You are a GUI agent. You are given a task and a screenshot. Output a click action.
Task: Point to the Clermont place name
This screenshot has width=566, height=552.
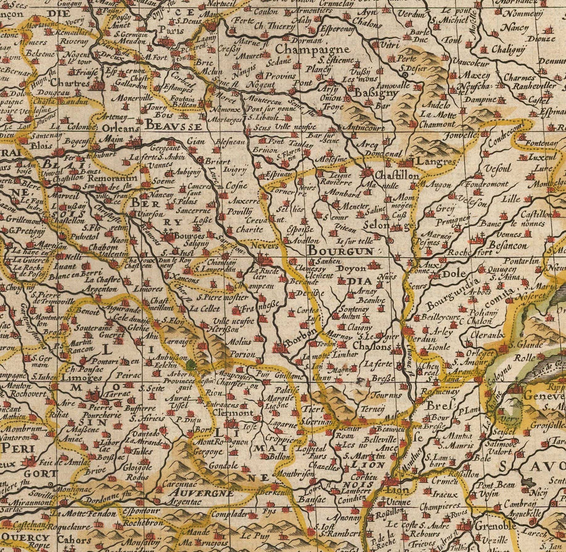[234, 414]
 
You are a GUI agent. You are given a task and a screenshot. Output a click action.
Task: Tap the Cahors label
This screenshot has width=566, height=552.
[72, 538]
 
